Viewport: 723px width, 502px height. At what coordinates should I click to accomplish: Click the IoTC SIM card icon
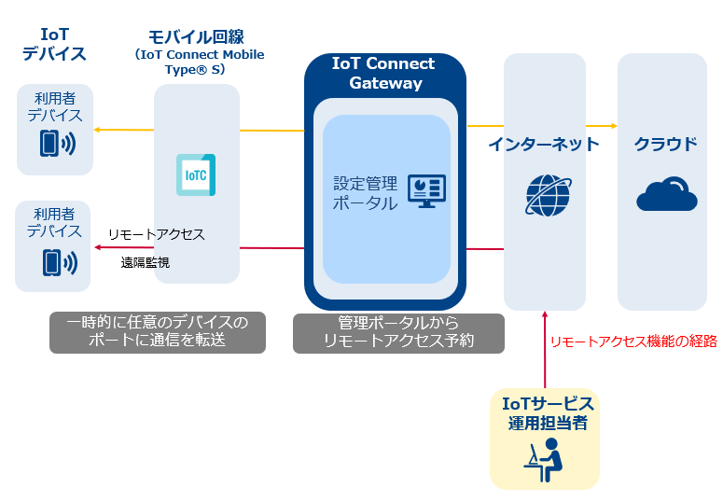point(196,174)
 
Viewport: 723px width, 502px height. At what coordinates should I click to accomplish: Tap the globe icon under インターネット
point(549,195)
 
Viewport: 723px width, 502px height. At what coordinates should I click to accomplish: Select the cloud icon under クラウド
point(667,194)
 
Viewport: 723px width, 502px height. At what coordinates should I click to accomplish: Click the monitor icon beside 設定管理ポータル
point(426,191)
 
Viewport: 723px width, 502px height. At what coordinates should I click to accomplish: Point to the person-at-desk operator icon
point(544,460)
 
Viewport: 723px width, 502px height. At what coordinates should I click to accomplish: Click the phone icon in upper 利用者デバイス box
point(58,144)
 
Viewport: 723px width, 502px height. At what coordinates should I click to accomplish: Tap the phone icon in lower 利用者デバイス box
point(60,263)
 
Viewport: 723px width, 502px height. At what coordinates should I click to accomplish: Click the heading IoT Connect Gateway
point(384,73)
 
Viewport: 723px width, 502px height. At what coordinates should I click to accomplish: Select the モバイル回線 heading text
point(197,37)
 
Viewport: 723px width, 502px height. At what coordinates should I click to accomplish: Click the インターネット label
point(544,145)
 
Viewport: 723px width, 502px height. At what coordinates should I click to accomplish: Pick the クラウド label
point(665,145)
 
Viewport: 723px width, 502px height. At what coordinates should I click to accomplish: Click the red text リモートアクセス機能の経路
point(633,342)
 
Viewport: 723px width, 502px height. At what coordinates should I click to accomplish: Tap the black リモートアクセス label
point(157,234)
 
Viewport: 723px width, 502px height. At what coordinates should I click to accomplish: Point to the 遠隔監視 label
point(146,262)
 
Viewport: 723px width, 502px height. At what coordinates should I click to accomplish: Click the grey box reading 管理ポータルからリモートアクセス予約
point(399,334)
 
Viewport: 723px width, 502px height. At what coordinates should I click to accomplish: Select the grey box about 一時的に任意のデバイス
point(158,333)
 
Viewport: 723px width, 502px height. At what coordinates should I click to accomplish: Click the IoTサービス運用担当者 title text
point(548,413)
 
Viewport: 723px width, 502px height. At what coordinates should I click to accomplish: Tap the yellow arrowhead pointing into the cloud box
point(614,125)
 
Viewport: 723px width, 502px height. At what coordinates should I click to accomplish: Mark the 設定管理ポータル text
point(365,193)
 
